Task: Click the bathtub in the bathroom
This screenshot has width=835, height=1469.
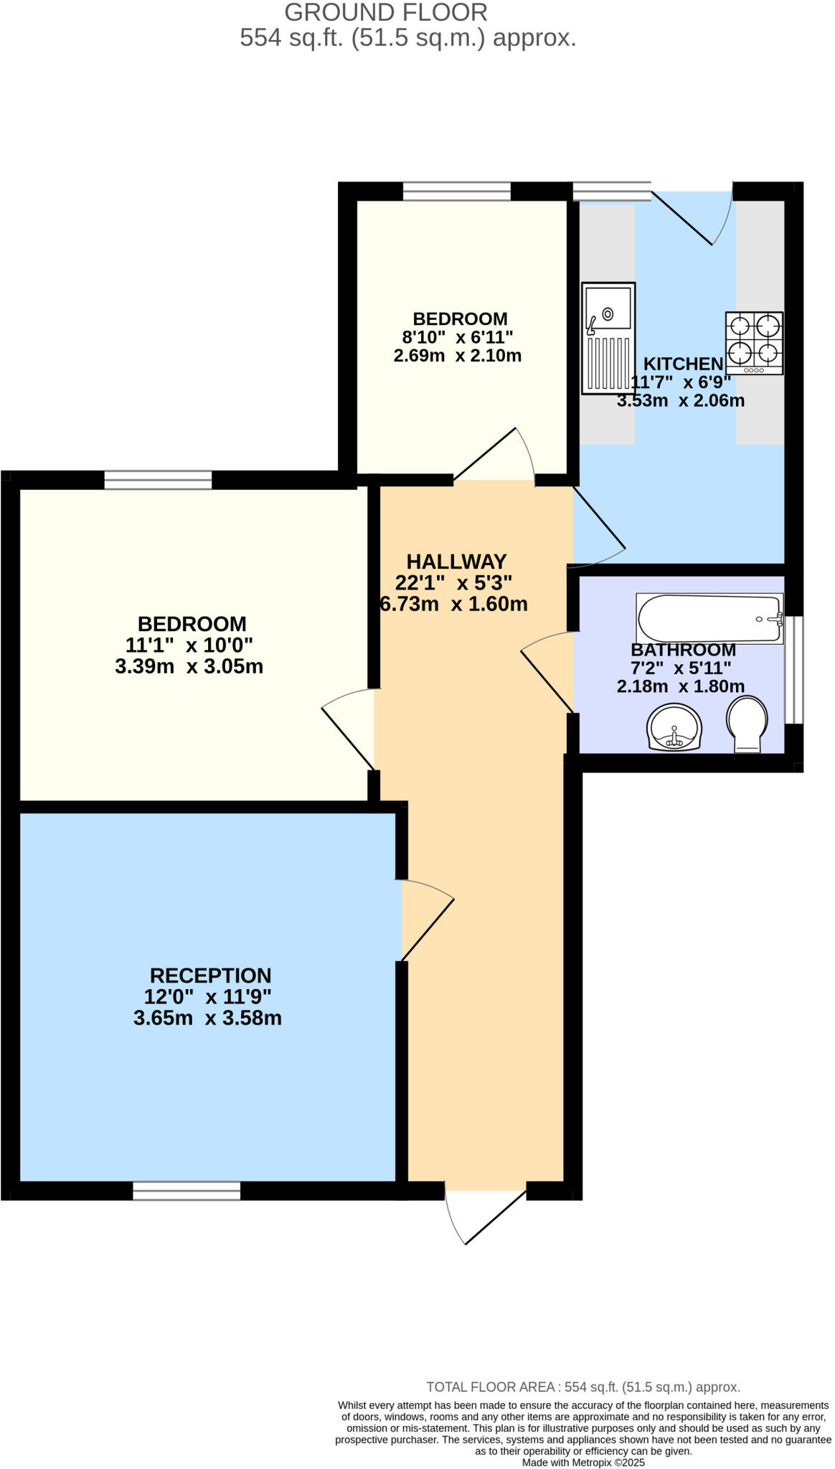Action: pos(709,618)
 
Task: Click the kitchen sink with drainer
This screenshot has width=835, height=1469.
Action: pos(608,338)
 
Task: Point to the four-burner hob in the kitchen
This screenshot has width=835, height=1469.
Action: pos(754,342)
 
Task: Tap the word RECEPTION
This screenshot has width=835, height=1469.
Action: pos(210,976)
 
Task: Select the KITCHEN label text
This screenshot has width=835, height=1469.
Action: pos(683,364)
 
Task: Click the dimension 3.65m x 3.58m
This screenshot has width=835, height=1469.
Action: pos(207,1018)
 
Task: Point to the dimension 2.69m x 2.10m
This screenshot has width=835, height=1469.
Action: pos(457,356)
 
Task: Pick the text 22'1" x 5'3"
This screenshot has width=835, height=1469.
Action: pos(453,582)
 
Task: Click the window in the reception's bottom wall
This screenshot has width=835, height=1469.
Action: pos(187,1191)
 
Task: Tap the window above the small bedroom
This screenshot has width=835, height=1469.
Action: pos(456,191)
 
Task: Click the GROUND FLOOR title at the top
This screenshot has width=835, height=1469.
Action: pos(386,12)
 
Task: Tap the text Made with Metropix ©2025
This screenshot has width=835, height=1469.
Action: pos(583,1463)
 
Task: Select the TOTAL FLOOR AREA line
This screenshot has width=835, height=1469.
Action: pos(583,1387)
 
